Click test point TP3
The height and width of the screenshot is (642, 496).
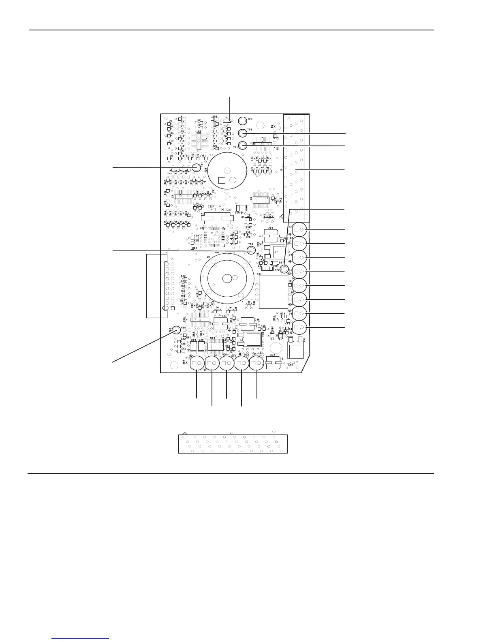242,120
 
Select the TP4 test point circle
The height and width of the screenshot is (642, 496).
242,133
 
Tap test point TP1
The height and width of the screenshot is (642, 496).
242,146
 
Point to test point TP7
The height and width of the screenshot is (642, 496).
197,167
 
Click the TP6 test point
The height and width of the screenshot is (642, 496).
251,250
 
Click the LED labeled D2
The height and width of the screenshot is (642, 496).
299,230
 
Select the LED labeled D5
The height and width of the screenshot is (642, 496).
299,271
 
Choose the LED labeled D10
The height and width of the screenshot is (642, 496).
198,363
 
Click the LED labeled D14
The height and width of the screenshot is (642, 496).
256,363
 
